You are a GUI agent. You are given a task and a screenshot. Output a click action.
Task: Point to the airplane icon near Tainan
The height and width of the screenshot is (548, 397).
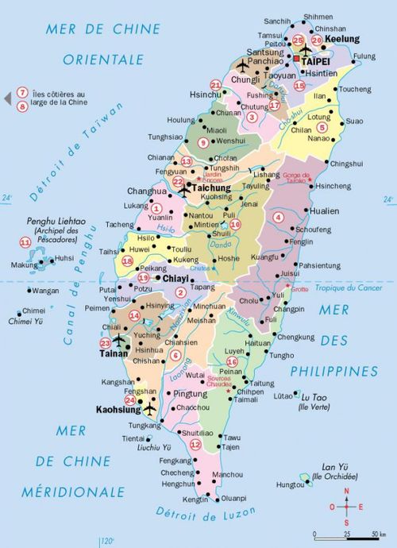coord(120,340)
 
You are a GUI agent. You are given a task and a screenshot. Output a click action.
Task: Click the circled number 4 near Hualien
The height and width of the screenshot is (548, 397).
coord(279,217)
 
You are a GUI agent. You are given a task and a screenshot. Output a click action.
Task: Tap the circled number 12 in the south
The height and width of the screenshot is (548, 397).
coord(195,444)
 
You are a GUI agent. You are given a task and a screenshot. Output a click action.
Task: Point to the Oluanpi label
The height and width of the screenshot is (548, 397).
coord(234,499)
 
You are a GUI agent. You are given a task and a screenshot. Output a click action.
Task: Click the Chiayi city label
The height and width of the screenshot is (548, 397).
coord(176,279)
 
